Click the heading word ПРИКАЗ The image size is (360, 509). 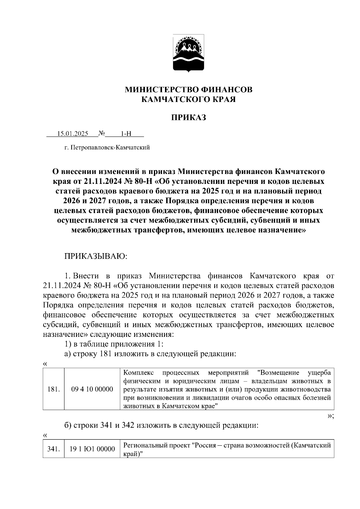(x=189, y=118)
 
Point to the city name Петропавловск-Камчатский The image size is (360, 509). (x=110, y=148)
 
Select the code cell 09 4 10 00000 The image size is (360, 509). (x=92, y=389)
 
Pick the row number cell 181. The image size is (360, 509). (x=54, y=389)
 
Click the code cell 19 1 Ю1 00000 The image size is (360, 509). (x=92, y=449)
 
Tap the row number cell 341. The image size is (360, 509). (x=54, y=449)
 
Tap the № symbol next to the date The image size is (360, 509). (x=101, y=133)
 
